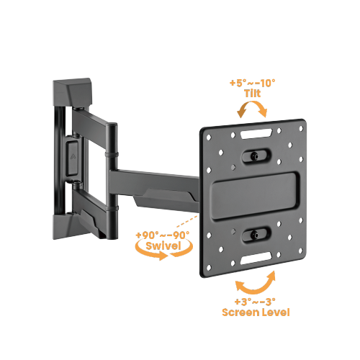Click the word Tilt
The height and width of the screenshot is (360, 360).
coord(252,94)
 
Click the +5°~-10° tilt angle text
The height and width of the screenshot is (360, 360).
coord(252,84)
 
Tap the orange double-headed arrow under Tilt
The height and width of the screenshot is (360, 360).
coord(252,109)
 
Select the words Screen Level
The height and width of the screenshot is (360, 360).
coord(257,312)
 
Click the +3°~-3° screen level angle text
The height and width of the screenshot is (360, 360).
coord(257,302)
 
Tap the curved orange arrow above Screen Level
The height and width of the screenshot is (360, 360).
coord(257,282)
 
